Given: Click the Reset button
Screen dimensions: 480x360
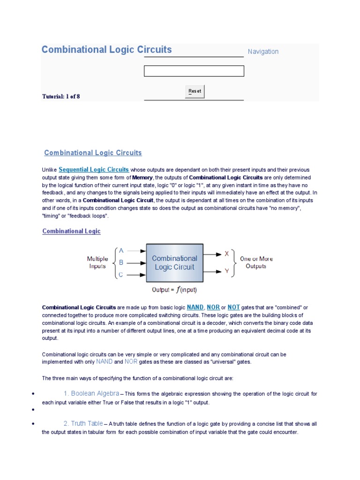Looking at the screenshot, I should [195, 91].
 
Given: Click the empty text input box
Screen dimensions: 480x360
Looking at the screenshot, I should [194, 71].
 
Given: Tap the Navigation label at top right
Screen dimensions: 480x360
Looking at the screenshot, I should [263, 52].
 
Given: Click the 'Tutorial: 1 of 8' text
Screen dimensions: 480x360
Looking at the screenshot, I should [61, 97].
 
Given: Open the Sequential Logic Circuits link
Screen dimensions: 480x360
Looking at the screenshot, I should [94, 169].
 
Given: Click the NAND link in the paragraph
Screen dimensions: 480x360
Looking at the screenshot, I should [195, 307].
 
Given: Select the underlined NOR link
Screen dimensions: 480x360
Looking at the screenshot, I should [213, 307].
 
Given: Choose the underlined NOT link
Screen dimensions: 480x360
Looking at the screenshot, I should [233, 307].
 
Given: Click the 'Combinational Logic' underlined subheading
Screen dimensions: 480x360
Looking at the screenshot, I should [71, 231].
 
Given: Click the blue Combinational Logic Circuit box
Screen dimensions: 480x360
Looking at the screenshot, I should [175, 262].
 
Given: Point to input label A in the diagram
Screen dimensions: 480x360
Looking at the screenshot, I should [121, 251].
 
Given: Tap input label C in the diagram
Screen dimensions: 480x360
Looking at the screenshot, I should [121, 275].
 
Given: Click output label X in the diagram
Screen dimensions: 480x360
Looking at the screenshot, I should [227, 254].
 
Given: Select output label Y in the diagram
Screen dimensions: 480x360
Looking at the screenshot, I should [227, 271].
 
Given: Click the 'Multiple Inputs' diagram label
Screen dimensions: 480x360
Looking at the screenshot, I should [97, 262].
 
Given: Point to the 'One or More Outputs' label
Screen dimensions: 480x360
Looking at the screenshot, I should [256, 262].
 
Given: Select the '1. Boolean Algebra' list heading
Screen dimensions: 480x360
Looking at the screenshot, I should [91, 393].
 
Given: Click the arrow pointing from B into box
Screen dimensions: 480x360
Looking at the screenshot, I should [136, 262].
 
